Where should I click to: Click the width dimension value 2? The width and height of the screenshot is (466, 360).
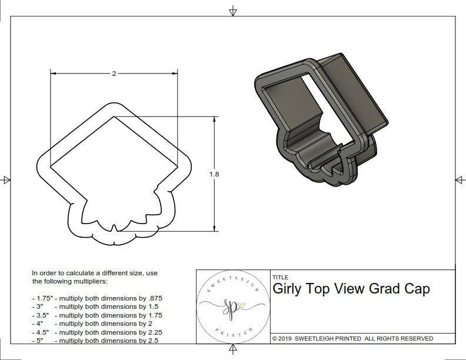click(x=114, y=74)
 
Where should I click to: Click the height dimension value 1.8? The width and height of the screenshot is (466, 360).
click(x=214, y=174)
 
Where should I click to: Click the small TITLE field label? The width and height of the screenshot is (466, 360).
click(x=280, y=277)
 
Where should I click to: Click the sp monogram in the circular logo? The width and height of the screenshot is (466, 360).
click(x=229, y=306)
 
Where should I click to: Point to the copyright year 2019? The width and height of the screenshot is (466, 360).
click(x=286, y=338)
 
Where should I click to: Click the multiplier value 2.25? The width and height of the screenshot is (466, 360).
click(x=151, y=332)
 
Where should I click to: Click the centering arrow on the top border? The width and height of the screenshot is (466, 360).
click(x=233, y=11)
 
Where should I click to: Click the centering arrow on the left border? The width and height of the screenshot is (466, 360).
click(x=6, y=179)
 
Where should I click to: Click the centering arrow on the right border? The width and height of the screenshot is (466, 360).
click(x=459, y=179)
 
